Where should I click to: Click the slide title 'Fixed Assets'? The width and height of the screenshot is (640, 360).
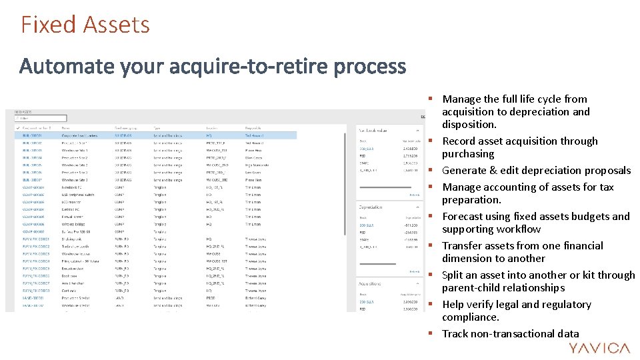(x=85, y=25)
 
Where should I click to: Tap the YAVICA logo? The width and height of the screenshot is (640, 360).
(x=599, y=348)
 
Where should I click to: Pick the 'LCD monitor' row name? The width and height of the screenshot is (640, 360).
(x=73, y=202)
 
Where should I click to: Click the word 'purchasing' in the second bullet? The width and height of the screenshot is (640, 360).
(x=468, y=154)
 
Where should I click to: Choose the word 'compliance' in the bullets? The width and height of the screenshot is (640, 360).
(x=470, y=317)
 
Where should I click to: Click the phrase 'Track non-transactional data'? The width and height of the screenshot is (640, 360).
(x=511, y=334)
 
